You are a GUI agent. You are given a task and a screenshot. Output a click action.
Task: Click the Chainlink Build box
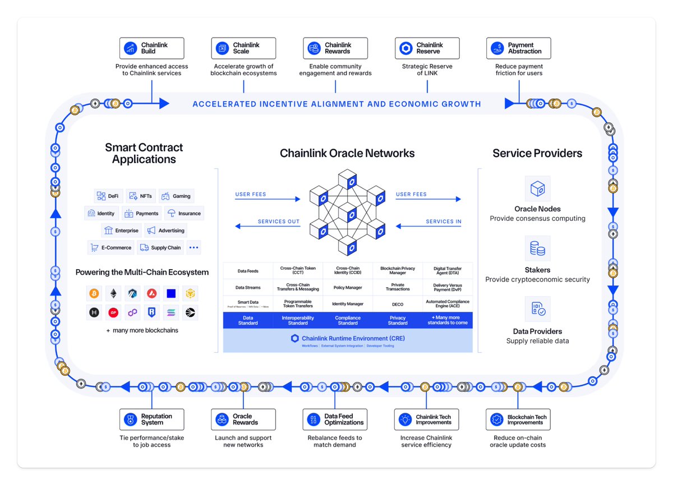click(x=151, y=48)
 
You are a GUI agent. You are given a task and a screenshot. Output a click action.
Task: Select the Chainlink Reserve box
click(x=427, y=48)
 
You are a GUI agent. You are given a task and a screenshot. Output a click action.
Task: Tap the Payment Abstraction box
click(x=519, y=48)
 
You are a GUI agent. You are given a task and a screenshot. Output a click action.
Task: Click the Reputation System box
click(x=151, y=419)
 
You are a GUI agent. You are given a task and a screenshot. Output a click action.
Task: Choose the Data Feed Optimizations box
click(x=335, y=419)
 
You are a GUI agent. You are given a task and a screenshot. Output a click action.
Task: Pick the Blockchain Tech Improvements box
click(x=519, y=419)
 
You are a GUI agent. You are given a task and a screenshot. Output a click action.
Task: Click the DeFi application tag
click(x=108, y=196)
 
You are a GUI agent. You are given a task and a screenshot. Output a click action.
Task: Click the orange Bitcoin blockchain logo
click(x=94, y=293)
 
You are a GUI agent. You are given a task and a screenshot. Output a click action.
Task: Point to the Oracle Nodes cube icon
click(x=537, y=189)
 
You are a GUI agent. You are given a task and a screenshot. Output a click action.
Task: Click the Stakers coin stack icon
click(x=537, y=248)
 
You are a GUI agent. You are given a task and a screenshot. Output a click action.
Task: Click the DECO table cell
click(x=398, y=304)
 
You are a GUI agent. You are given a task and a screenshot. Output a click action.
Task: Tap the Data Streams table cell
click(x=248, y=288)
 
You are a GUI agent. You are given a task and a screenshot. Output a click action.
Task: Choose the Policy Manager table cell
click(x=348, y=288)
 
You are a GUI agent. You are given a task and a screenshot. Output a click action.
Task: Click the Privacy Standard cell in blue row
click(x=398, y=320)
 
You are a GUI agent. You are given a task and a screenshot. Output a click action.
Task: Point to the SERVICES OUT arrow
click(x=268, y=226)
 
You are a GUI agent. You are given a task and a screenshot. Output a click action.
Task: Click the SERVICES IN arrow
click(x=428, y=226)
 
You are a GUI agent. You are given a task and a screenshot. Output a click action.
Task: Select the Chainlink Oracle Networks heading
click(x=347, y=153)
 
